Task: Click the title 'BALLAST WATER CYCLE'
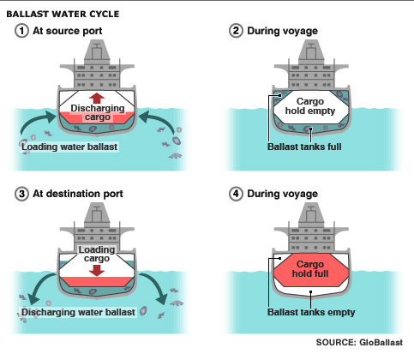click(63, 14)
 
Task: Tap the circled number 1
click(21, 31)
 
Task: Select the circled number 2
click(236, 31)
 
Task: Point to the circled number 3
click(21, 194)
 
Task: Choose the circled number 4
click(236, 194)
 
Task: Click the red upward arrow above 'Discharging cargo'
click(97, 98)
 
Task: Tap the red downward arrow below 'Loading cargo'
click(97, 271)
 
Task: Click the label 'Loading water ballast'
click(69, 147)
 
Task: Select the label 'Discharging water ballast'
click(78, 312)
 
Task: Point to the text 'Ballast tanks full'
click(304, 147)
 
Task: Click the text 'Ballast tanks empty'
click(311, 312)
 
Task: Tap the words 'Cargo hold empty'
click(310, 106)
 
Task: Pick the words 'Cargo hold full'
click(310, 269)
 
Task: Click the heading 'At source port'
click(68, 31)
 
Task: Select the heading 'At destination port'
click(78, 194)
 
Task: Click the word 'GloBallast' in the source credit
click(381, 342)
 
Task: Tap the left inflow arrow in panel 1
click(36, 120)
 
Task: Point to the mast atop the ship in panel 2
click(311, 54)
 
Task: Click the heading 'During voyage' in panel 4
click(282, 194)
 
